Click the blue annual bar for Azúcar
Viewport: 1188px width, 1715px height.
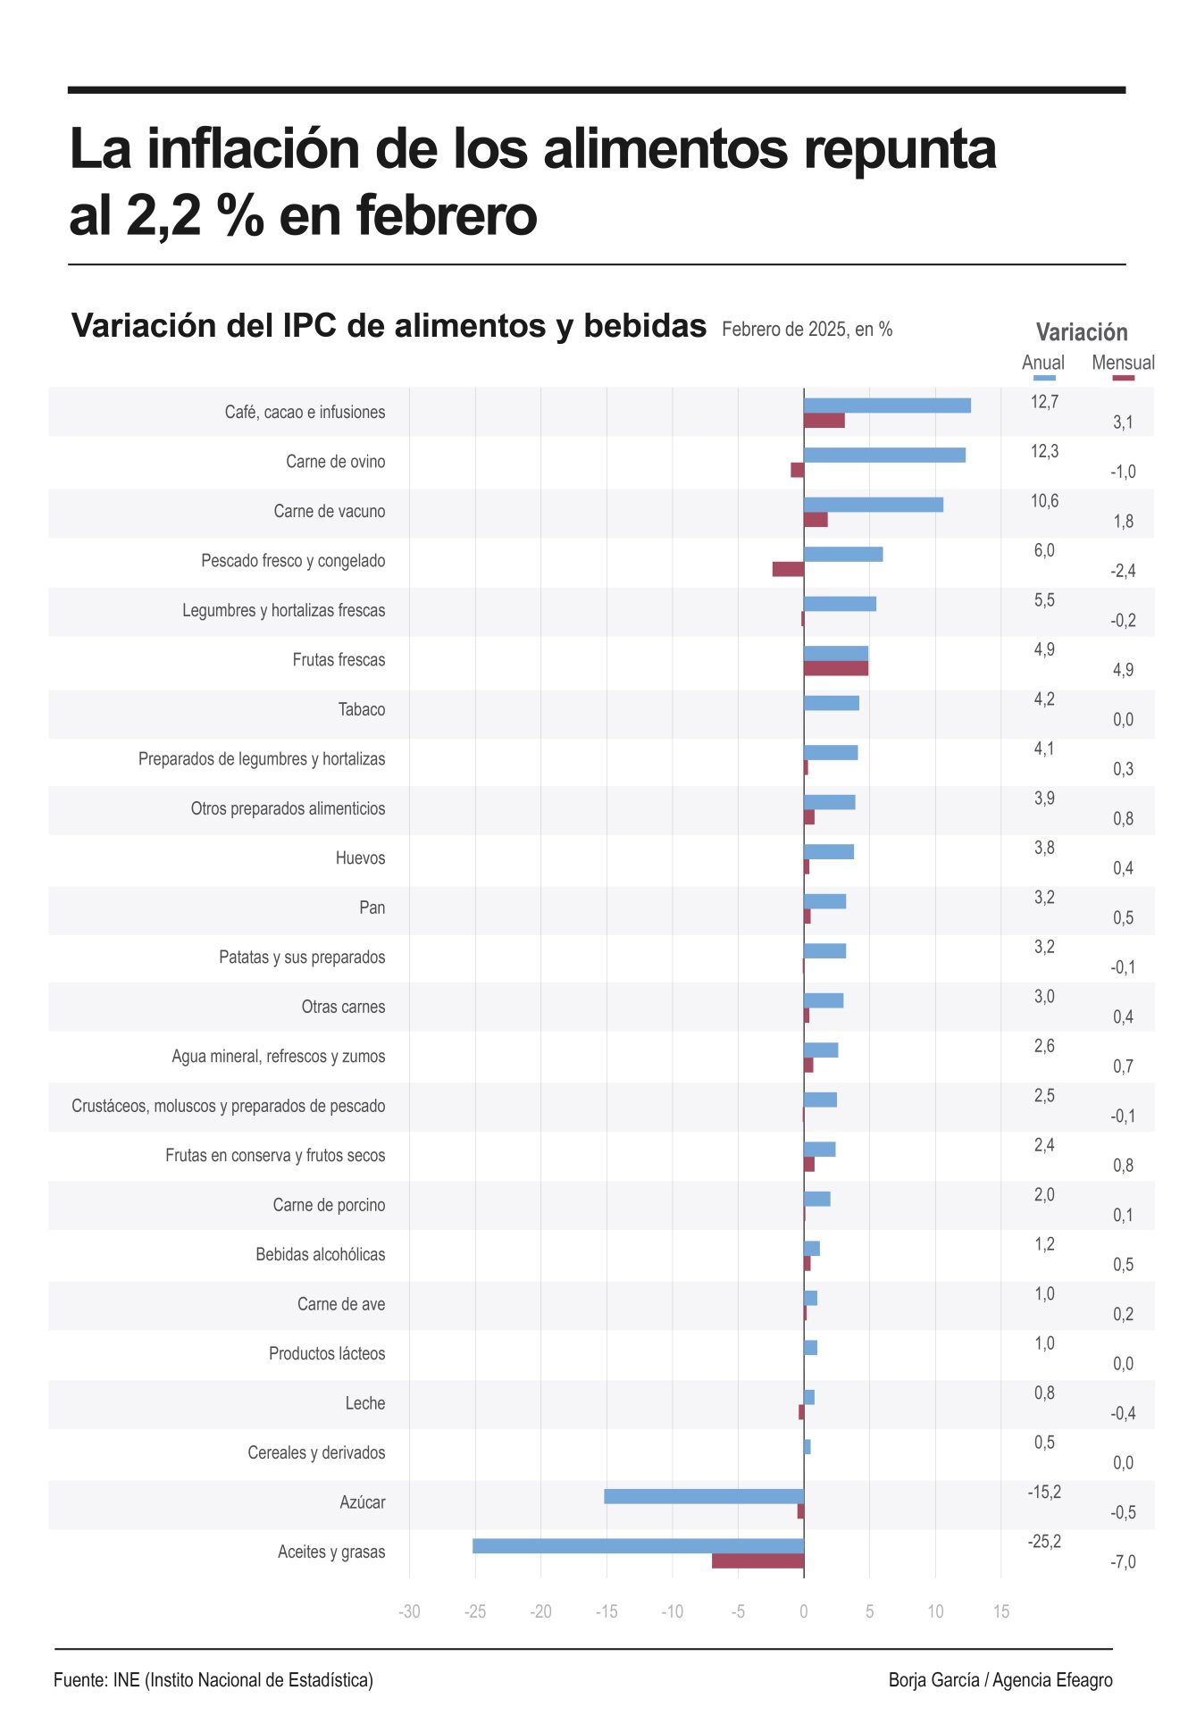tap(704, 1496)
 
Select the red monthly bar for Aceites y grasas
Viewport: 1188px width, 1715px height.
tap(757, 1560)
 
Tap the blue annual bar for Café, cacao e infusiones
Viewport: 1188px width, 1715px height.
tap(887, 406)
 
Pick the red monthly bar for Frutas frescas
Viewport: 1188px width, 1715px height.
tap(835, 668)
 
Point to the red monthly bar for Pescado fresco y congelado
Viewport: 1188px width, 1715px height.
tap(788, 569)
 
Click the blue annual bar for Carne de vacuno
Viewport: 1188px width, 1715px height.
tap(873, 505)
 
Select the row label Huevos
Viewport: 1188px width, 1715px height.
tap(360, 858)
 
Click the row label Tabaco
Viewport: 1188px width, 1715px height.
tap(362, 710)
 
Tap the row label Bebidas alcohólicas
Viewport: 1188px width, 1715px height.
tap(320, 1255)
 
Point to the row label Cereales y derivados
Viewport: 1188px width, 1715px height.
tap(316, 1453)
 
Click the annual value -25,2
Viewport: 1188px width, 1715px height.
tap(1044, 1542)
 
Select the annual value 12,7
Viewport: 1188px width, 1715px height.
tap(1044, 402)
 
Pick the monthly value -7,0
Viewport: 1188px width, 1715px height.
tap(1123, 1562)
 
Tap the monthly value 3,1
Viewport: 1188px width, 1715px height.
tap(1123, 422)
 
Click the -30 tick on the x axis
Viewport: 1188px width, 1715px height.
tap(409, 1611)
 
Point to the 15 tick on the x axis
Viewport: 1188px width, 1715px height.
tap(1001, 1611)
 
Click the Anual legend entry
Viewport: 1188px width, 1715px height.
tap(1042, 364)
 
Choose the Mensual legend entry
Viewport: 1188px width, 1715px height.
tap(1123, 364)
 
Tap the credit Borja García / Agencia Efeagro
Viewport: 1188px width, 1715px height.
tap(1000, 1680)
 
